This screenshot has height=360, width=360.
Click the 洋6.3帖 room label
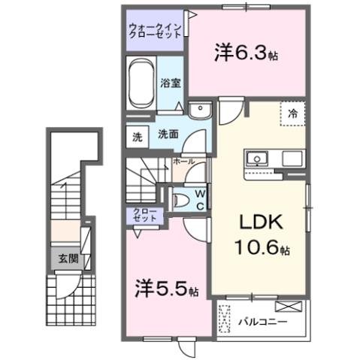click(247, 53)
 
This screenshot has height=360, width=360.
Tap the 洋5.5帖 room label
click(167, 289)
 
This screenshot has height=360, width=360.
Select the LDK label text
click(259, 222)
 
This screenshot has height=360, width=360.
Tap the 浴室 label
click(170, 83)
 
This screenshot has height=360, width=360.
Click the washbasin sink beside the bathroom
click(200, 111)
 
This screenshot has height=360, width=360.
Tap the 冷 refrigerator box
click(293, 113)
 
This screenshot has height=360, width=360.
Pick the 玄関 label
click(68, 258)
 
